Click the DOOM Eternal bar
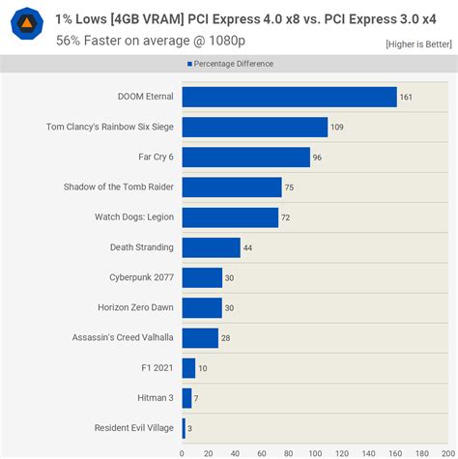coord(289,97)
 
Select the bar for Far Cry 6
coord(245,157)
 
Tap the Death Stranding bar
coord(211,247)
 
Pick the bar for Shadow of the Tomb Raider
coord(232,187)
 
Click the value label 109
coord(336,127)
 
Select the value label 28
coord(226,338)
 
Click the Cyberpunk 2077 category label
coord(142,277)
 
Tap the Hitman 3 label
coord(156,398)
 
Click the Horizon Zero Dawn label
coord(136,307)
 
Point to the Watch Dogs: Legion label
coord(133,217)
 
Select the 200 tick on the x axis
coord(447,451)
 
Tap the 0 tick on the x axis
coord(182,451)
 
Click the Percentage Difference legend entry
coord(229,64)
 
